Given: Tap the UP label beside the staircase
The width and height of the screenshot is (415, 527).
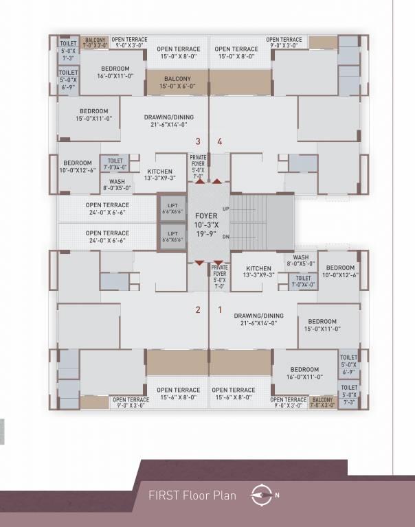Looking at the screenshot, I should [226, 208].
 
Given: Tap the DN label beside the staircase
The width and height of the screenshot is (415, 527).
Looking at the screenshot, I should [226, 237].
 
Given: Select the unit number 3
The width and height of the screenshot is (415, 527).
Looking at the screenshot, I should [198, 142].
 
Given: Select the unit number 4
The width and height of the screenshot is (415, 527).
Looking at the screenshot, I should [220, 142].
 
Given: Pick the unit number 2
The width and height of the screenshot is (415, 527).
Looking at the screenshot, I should [198, 309].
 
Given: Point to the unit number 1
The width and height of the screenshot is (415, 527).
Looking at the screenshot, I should [220, 309].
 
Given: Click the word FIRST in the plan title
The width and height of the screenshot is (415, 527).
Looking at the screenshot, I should [162, 495].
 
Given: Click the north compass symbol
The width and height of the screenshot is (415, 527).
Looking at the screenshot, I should [262, 495].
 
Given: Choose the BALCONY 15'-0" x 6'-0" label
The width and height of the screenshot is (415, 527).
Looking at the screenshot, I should [177, 82].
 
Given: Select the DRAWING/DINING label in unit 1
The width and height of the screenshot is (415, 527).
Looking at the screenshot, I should [258, 320].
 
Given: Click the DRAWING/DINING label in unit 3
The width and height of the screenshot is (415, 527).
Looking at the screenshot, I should [169, 121].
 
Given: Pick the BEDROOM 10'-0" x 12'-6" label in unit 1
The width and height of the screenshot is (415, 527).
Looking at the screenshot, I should [340, 271].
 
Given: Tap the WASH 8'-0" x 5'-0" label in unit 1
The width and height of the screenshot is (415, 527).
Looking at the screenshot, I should [301, 261].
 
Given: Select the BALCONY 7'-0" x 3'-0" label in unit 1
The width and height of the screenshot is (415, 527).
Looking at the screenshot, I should [323, 402].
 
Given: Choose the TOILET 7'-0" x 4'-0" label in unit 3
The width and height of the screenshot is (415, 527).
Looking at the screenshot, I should [115, 164].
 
